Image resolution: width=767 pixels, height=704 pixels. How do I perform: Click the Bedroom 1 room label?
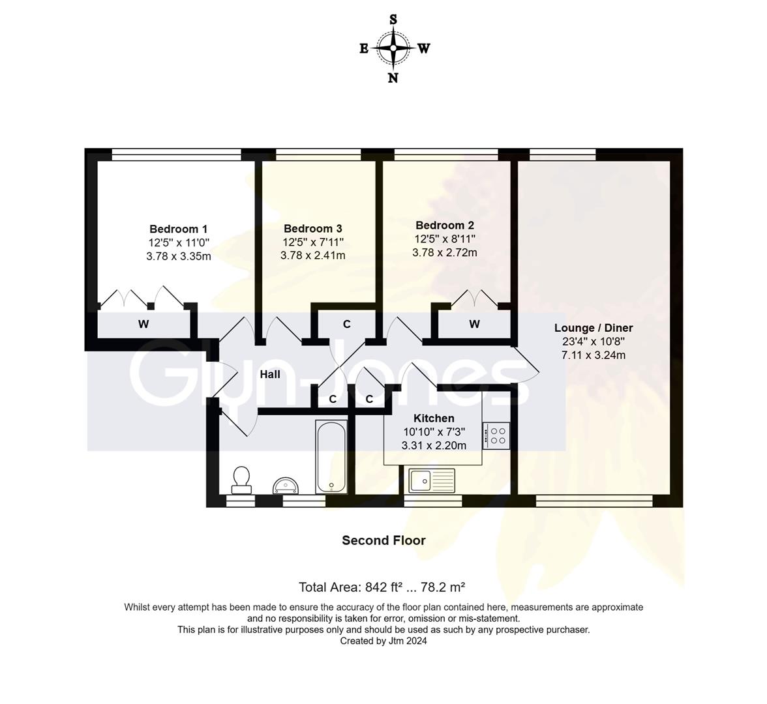[x=178, y=229]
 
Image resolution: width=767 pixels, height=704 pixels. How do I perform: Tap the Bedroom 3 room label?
[x=312, y=229]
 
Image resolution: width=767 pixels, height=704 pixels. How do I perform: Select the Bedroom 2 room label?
[x=444, y=226]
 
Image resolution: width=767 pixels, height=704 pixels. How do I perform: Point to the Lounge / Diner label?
[x=593, y=328]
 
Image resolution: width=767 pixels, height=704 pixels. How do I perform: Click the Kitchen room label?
[x=434, y=418]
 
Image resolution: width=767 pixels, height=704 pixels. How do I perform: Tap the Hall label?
[x=270, y=374]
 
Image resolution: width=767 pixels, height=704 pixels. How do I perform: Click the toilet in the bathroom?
[x=242, y=479]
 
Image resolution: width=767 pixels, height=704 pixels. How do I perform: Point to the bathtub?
[x=331, y=456]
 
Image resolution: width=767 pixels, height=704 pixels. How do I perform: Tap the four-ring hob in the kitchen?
[x=496, y=435]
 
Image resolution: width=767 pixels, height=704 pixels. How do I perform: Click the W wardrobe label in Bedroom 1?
[x=143, y=324]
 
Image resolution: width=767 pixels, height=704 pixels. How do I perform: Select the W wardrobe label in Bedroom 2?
[x=474, y=324]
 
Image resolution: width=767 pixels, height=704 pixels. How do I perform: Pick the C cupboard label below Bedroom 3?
[x=346, y=324]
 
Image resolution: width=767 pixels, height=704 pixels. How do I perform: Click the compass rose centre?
[x=393, y=48]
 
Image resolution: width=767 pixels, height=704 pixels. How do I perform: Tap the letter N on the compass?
[x=393, y=78]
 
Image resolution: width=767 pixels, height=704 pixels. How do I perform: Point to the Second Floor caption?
[x=383, y=540]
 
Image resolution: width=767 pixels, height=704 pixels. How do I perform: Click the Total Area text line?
[x=382, y=587]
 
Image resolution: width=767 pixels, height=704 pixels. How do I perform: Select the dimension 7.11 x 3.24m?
[x=593, y=355]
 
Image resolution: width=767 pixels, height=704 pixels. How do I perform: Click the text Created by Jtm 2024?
[x=383, y=641]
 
